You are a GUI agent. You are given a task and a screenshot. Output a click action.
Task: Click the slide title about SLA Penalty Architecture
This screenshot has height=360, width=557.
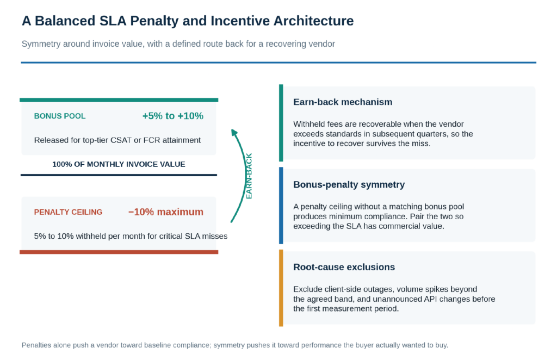pos(188,21)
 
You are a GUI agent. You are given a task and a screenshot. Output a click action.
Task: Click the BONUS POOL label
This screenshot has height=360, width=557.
pos(60,116)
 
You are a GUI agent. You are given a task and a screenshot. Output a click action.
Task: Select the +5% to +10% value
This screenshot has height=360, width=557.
pos(172,116)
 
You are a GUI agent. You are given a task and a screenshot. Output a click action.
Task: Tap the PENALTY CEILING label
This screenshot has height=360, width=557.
pos(68,212)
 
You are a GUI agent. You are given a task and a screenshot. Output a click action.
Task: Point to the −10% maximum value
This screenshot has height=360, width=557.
pos(165,212)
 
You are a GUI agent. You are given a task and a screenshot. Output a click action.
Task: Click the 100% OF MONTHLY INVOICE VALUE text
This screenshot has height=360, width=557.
pos(119,164)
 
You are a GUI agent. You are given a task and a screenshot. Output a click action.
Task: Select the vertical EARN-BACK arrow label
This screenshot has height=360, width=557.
pos(249,176)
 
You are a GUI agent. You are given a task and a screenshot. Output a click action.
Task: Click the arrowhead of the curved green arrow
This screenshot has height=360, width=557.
pos(234,132)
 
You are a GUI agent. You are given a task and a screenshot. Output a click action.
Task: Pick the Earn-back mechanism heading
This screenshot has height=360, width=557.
pos(343,102)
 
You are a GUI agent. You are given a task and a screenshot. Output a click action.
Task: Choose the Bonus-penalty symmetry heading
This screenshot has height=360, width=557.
pos(349,184)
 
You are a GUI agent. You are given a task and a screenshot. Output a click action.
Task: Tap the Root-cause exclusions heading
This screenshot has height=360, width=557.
pos(344,267)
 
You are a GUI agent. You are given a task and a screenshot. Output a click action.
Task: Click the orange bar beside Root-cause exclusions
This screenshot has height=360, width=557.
pos(281,288)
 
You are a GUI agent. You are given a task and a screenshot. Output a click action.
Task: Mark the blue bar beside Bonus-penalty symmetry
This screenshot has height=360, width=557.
pos(281,206)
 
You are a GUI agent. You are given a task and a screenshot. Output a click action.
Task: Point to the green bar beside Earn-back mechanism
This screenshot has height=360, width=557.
pos(281,123)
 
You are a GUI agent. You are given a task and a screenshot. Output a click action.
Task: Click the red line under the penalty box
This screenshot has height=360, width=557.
pos(119,252)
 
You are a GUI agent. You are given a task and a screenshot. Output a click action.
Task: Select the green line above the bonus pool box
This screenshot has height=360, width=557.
pos(119,100)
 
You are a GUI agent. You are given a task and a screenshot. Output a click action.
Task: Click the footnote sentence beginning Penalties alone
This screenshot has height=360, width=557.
pos(235,345)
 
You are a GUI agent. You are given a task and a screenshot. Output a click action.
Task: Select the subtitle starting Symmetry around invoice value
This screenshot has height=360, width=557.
pos(178,44)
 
